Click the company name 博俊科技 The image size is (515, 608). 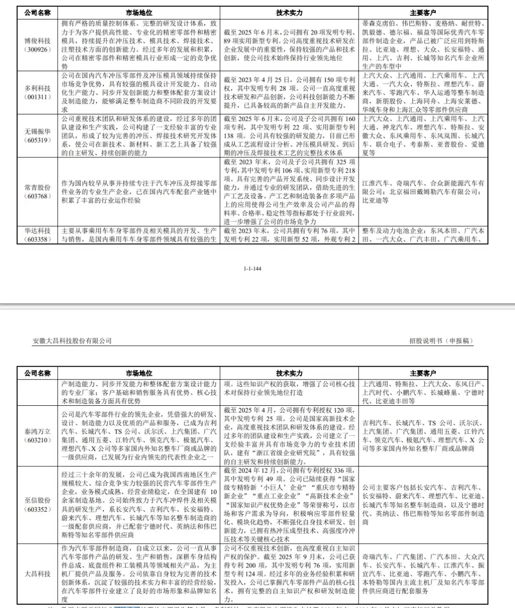[x=38, y=41]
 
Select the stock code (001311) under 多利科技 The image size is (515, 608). [x=38, y=97]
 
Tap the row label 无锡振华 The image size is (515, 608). [x=38, y=131]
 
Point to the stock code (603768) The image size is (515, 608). [x=38, y=196]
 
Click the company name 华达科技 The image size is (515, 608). [x=38, y=231]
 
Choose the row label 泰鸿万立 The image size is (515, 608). [x=38, y=432]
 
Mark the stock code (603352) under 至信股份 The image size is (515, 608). [x=38, y=509]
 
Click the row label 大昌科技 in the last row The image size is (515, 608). [x=38, y=574]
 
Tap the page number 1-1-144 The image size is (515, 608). [x=252, y=268]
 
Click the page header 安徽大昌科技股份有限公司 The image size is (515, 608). [x=72, y=341]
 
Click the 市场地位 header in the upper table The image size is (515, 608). [x=139, y=13]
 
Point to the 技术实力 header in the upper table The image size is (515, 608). [x=289, y=13]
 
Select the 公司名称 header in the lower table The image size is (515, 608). [x=38, y=373]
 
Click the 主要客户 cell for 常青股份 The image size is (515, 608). [x=423, y=192]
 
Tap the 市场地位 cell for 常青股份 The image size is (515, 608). [x=139, y=192]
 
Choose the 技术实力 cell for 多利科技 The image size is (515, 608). [x=289, y=93]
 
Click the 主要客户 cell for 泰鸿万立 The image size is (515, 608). [x=423, y=436]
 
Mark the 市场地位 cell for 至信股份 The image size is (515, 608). [x=139, y=505]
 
